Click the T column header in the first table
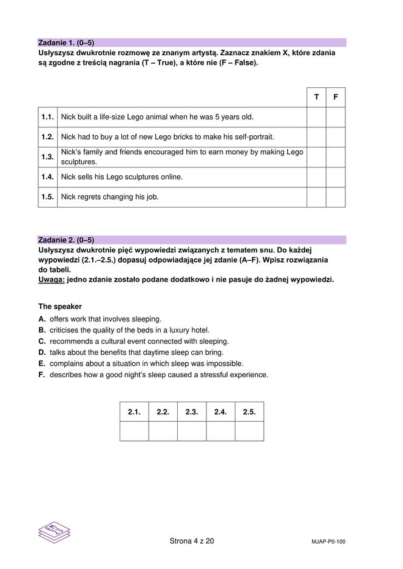coord(316,97)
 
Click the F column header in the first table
coord(336,97)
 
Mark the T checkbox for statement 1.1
coord(316,117)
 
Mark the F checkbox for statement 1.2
coord(336,137)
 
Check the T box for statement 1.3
coord(316,157)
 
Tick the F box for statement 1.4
coord(336,177)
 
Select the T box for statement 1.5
coord(316,197)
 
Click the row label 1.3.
coord(48,157)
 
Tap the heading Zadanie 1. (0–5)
coord(66,43)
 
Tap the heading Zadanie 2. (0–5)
coord(66,240)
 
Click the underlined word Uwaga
coord(51,280)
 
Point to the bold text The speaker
coord(60,307)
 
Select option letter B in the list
coord(42,330)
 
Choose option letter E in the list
coord(42,364)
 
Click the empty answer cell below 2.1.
coord(134,431)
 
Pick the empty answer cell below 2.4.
coord(220,431)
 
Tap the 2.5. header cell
coord(249,412)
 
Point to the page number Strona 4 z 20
coord(192,541)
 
